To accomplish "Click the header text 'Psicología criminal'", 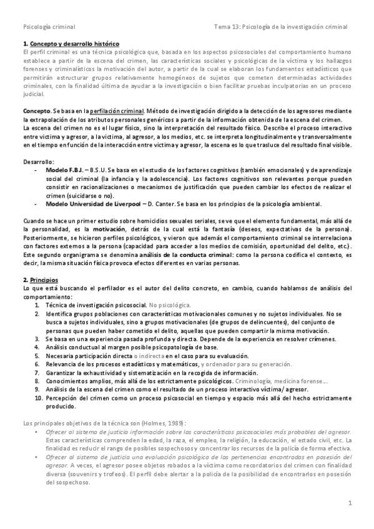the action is pyautogui.click(x=49, y=27).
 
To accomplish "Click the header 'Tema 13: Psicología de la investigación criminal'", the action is pyautogui.click(x=281, y=27).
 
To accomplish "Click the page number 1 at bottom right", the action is pyautogui.click(x=350, y=503).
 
